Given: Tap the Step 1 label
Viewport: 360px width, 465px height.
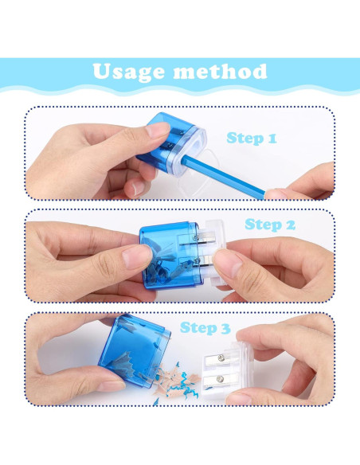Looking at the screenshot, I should pyautogui.click(x=251, y=139).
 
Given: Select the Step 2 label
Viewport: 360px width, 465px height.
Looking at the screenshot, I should pyautogui.click(x=269, y=225).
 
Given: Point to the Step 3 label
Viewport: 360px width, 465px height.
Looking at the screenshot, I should pyautogui.click(x=205, y=327).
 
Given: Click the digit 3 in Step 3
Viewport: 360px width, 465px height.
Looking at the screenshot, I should pyautogui.click(x=226, y=327).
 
